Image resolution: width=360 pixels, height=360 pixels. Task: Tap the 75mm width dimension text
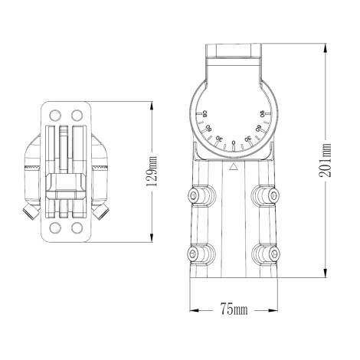tap(234, 309)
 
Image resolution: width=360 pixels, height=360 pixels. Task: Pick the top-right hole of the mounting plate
tap(77, 114)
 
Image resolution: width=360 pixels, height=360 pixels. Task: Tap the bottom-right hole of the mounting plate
tap(77, 227)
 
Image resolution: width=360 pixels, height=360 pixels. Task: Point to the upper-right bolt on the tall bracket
tap(267, 198)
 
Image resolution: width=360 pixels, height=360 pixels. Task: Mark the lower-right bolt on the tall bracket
tap(267, 254)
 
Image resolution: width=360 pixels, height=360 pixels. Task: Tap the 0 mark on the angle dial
tap(233, 143)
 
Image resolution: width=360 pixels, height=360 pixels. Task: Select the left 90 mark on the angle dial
tap(205, 115)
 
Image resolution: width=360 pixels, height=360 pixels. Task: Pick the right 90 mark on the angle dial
tap(261, 115)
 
